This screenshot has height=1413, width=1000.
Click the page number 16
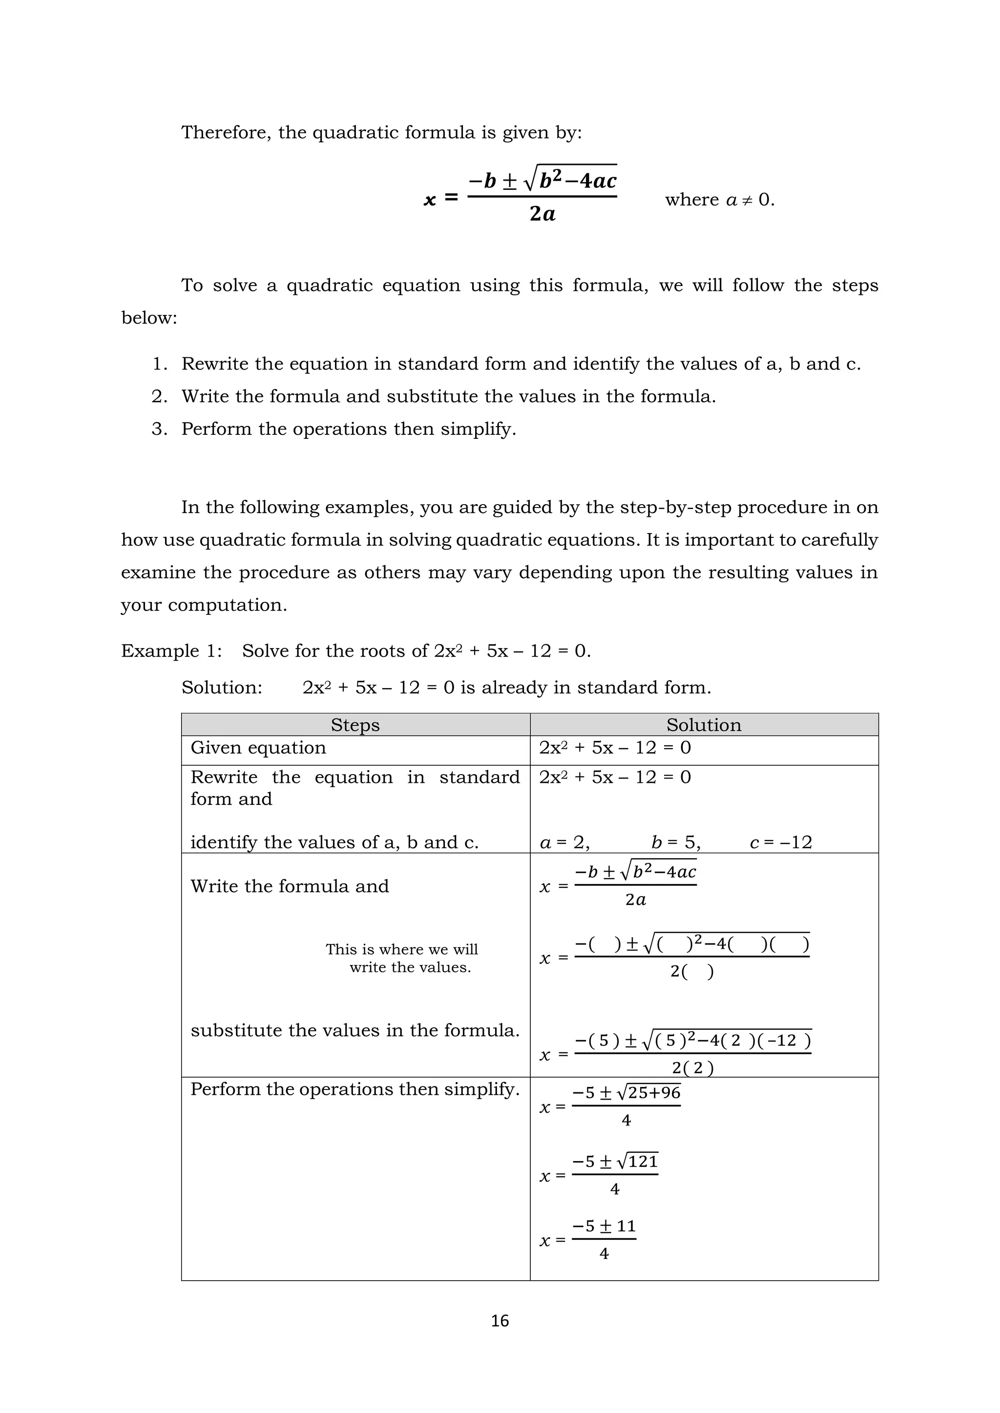tap(500, 1321)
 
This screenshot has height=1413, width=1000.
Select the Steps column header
tap(355, 724)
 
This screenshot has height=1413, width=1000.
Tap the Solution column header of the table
tap(703, 724)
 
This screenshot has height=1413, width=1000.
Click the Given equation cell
tap(258, 748)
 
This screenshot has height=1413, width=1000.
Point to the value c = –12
tap(781, 842)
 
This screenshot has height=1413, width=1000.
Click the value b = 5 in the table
tap(675, 842)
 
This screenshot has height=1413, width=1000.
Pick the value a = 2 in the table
tap(564, 842)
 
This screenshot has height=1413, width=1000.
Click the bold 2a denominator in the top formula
tap(542, 214)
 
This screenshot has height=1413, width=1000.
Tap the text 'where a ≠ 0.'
tap(719, 200)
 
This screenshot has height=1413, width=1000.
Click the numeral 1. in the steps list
tap(160, 364)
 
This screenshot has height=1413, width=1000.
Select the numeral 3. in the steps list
tap(160, 429)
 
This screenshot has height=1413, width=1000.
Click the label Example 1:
tap(171, 651)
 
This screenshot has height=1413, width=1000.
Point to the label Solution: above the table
tap(222, 687)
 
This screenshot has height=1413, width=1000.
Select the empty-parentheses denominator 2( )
tap(691, 971)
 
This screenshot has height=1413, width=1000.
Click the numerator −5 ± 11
tap(604, 1226)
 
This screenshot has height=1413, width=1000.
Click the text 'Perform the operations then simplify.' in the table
tap(354, 1089)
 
